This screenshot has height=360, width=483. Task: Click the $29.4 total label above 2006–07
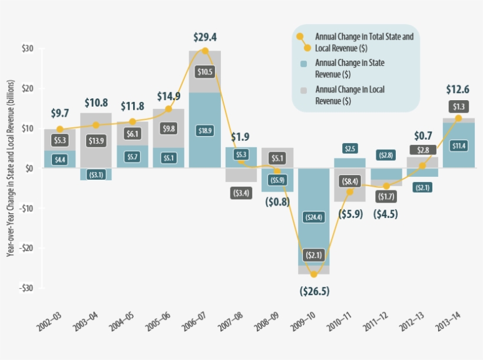(x=205, y=37)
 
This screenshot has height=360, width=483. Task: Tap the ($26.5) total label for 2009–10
(x=314, y=292)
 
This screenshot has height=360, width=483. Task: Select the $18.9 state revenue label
(x=205, y=130)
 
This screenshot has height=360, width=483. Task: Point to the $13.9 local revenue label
(x=96, y=140)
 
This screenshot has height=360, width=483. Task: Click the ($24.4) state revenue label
(x=313, y=217)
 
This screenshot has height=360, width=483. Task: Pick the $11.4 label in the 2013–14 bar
(x=459, y=146)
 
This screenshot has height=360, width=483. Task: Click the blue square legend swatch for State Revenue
(x=303, y=63)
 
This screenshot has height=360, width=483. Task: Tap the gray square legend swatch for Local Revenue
(x=303, y=90)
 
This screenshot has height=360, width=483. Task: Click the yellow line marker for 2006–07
(x=205, y=51)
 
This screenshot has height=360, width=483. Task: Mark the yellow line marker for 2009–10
(x=313, y=275)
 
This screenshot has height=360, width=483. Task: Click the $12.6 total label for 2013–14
(x=458, y=90)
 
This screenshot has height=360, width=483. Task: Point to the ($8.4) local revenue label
(x=349, y=181)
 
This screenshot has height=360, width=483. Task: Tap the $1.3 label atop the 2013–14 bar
(x=458, y=107)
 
